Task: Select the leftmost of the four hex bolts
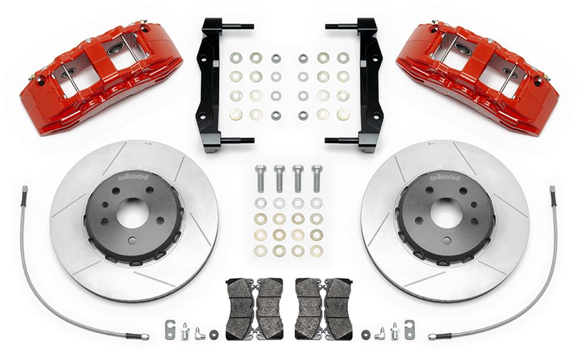(261, 178)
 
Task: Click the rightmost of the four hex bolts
(317, 178)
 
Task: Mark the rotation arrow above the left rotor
(149, 146)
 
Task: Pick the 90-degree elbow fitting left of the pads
(199, 332)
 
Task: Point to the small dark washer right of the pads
(365, 333)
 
